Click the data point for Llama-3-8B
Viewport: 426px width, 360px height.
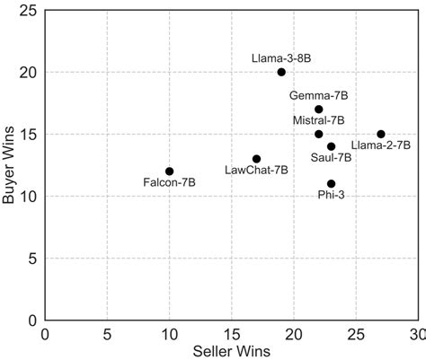281,72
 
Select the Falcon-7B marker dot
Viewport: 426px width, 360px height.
169,171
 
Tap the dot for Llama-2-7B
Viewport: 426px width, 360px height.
381,134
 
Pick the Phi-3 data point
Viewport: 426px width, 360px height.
331,183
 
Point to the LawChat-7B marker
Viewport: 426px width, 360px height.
256,159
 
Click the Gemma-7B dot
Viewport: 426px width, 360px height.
319,110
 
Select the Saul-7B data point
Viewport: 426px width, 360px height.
331,146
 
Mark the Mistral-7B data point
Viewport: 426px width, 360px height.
319,134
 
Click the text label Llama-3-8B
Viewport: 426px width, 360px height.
281,58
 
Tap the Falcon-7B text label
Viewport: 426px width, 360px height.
169,183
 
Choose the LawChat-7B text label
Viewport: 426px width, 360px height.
256,170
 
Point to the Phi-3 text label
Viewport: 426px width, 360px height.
332,195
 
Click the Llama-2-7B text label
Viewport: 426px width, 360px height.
381,145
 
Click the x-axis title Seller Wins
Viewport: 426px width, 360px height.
231,351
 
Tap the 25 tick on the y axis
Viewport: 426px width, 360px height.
30,11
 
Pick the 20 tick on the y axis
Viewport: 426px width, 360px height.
30,73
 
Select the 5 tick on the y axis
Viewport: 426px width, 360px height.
33,259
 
